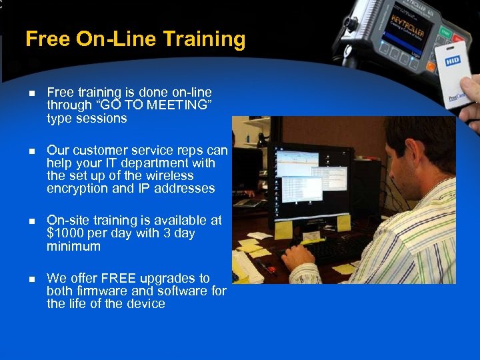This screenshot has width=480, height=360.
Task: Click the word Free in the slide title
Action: pos(48,39)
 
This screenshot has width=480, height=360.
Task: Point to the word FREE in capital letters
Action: pos(120,278)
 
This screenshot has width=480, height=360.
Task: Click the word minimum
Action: pos(73,247)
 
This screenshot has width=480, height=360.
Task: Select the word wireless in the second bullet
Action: pos(170,176)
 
